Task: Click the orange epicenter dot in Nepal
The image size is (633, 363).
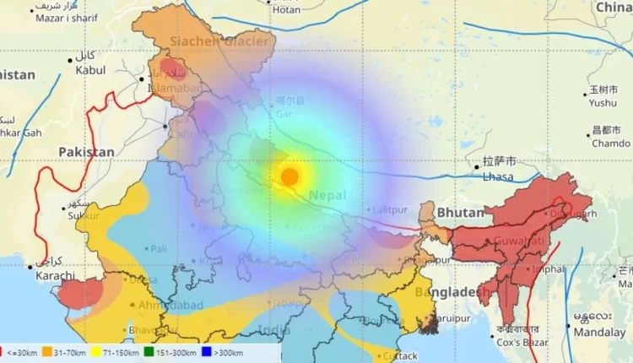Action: click(x=289, y=177)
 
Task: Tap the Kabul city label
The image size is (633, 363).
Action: click(x=90, y=70)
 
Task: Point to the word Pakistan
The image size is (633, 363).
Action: click(x=86, y=151)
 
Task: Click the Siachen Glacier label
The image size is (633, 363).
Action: click(x=219, y=41)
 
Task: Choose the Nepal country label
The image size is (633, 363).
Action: click(x=327, y=195)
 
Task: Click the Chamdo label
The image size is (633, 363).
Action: click(x=611, y=144)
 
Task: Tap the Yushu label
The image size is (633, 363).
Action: click(x=603, y=103)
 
